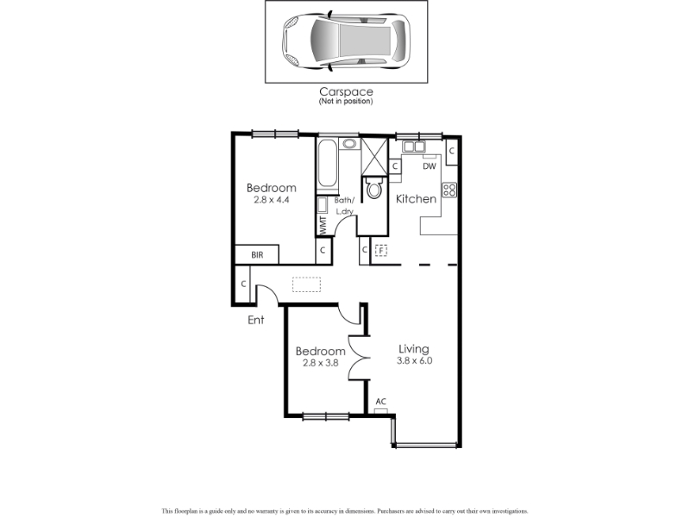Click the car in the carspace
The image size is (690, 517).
click(x=346, y=41)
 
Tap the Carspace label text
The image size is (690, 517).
click(x=346, y=92)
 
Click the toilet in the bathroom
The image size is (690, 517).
click(x=374, y=188)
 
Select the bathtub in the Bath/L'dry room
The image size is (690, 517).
click(x=328, y=163)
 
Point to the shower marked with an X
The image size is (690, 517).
click(x=374, y=157)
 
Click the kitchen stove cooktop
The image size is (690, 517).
click(x=449, y=190)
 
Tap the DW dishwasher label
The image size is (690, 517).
click(x=429, y=166)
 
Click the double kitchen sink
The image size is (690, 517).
click(x=414, y=146)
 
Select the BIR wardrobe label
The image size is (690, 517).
click(x=257, y=255)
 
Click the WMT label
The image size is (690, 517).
click(x=323, y=226)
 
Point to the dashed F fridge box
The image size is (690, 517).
click(x=380, y=251)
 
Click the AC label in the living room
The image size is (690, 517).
click(x=381, y=402)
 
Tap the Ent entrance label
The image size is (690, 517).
click(x=255, y=320)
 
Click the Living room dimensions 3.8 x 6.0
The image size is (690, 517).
click(x=415, y=361)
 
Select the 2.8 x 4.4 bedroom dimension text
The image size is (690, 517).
click(x=271, y=200)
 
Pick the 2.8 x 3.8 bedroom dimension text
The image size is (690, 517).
click(x=320, y=363)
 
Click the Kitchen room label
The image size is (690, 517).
click(x=416, y=199)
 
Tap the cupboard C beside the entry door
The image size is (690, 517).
click(x=243, y=284)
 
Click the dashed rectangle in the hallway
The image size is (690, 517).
click(x=307, y=284)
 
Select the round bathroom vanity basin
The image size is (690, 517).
click(x=349, y=143)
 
